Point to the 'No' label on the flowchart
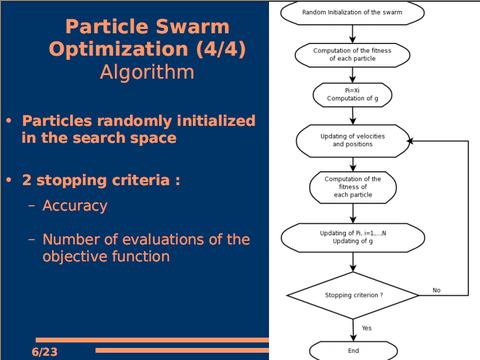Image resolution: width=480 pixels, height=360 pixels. [436, 290]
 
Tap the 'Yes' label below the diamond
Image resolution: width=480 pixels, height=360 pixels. [366, 327]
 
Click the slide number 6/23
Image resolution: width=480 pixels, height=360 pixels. [44, 352]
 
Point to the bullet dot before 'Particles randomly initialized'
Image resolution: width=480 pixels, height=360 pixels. [10, 121]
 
